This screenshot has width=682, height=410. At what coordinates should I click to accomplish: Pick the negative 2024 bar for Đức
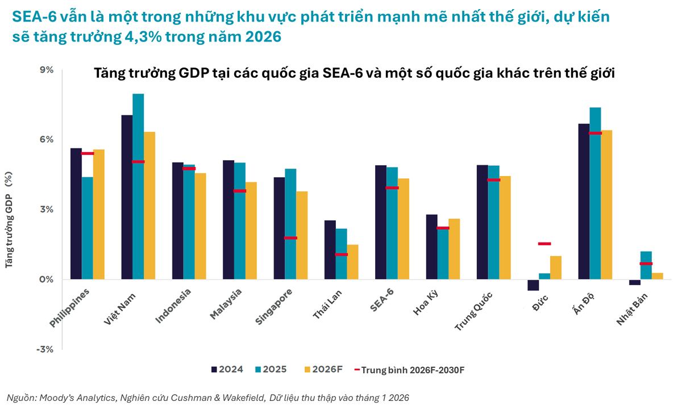click(x=533, y=285)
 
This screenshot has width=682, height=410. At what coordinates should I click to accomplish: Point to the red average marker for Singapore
click(x=290, y=238)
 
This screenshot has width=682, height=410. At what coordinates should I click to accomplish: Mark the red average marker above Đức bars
click(x=544, y=244)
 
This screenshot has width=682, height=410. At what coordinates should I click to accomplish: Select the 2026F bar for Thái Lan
click(x=352, y=262)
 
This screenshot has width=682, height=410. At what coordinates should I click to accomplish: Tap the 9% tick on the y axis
click(x=45, y=70)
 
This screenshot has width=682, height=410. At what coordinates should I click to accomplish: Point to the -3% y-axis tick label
click(x=44, y=349)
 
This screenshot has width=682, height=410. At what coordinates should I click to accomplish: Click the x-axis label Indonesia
click(x=173, y=306)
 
